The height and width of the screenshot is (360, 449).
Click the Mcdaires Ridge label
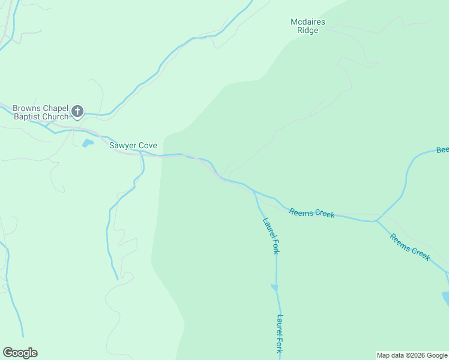point(308,26)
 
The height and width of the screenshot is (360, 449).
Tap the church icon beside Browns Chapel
point(77,111)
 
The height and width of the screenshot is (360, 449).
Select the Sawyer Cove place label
point(133,145)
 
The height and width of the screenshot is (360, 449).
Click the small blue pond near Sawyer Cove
point(88,143)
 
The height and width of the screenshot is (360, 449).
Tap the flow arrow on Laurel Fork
point(276,288)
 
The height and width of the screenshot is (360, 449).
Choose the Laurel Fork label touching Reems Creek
point(271,235)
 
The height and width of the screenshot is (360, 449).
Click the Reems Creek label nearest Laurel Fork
point(312,212)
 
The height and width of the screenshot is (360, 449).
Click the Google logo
point(20,353)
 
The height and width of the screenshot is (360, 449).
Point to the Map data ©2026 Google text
point(412,355)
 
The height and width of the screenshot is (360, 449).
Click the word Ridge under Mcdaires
point(308,31)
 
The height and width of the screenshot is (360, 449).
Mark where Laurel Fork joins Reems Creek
point(255,193)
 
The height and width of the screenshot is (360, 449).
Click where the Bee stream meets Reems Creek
point(376,220)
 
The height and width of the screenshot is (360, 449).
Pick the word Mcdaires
point(308,22)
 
